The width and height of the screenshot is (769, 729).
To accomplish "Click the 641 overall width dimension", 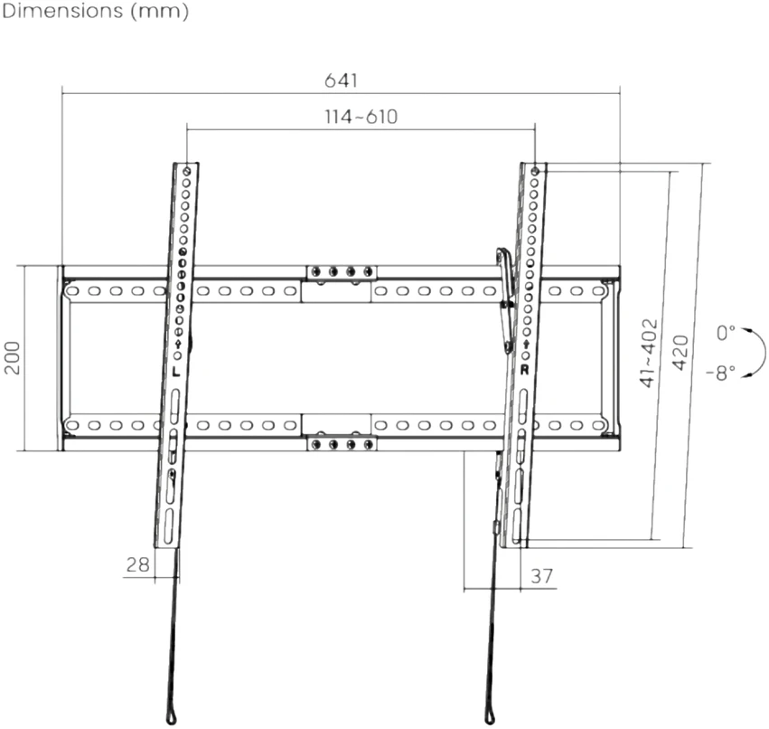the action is (x=341, y=80).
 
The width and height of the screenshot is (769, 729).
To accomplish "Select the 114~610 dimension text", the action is (x=361, y=117).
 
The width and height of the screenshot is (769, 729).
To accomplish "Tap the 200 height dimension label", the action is (x=13, y=358).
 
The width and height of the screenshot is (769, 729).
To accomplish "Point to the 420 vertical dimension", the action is (x=680, y=353).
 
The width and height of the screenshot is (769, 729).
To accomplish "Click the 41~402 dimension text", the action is (x=648, y=353).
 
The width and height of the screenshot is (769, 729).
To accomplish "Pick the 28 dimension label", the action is (x=138, y=564).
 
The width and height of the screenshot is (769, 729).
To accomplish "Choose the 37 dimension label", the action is (x=542, y=576).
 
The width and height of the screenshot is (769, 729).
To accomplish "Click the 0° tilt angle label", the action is (x=726, y=333).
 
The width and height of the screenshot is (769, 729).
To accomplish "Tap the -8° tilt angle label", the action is (x=721, y=373).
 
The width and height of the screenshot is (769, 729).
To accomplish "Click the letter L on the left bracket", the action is (x=176, y=371).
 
